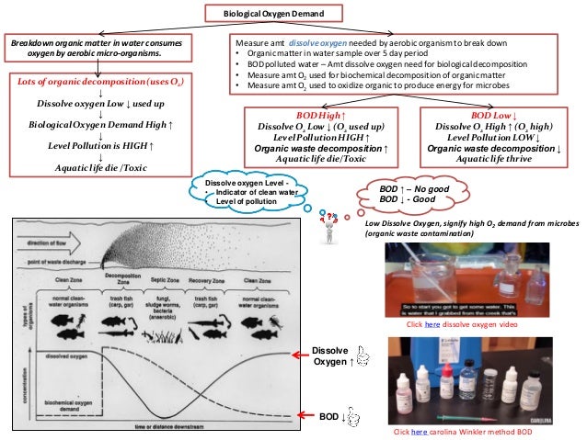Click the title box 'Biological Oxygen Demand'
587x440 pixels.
[271, 14]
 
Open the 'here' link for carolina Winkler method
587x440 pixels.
[419, 431]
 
